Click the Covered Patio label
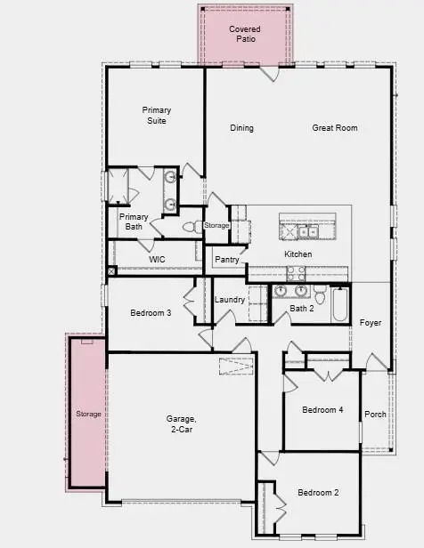[244, 35]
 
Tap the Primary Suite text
[156, 116]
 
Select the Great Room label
[335, 128]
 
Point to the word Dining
[241, 128]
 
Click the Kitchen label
[298, 254]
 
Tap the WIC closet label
[157, 259]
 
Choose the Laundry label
[230, 300]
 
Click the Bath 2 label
[303, 309]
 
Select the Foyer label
[371, 322]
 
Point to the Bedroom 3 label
[151, 313]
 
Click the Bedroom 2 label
[318, 492]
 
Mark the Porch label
[375, 414]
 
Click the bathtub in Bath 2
[340, 306]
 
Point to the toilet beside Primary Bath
[190, 228]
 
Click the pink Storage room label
[88, 415]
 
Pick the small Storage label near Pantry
[216, 226]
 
